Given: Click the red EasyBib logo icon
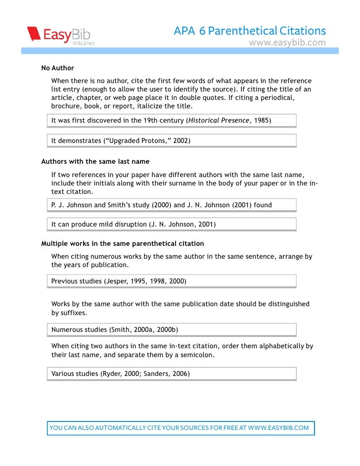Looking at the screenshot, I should coord(34,34).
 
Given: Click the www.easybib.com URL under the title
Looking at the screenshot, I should coord(287,43).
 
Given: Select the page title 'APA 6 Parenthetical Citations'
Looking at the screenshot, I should coord(250,31).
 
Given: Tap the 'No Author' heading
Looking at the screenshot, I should coord(57,68).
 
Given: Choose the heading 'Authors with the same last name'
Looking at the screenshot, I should coord(95,161).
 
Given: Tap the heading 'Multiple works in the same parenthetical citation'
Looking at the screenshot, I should coord(122,243).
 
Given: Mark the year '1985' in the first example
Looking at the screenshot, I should coord(262,121).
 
